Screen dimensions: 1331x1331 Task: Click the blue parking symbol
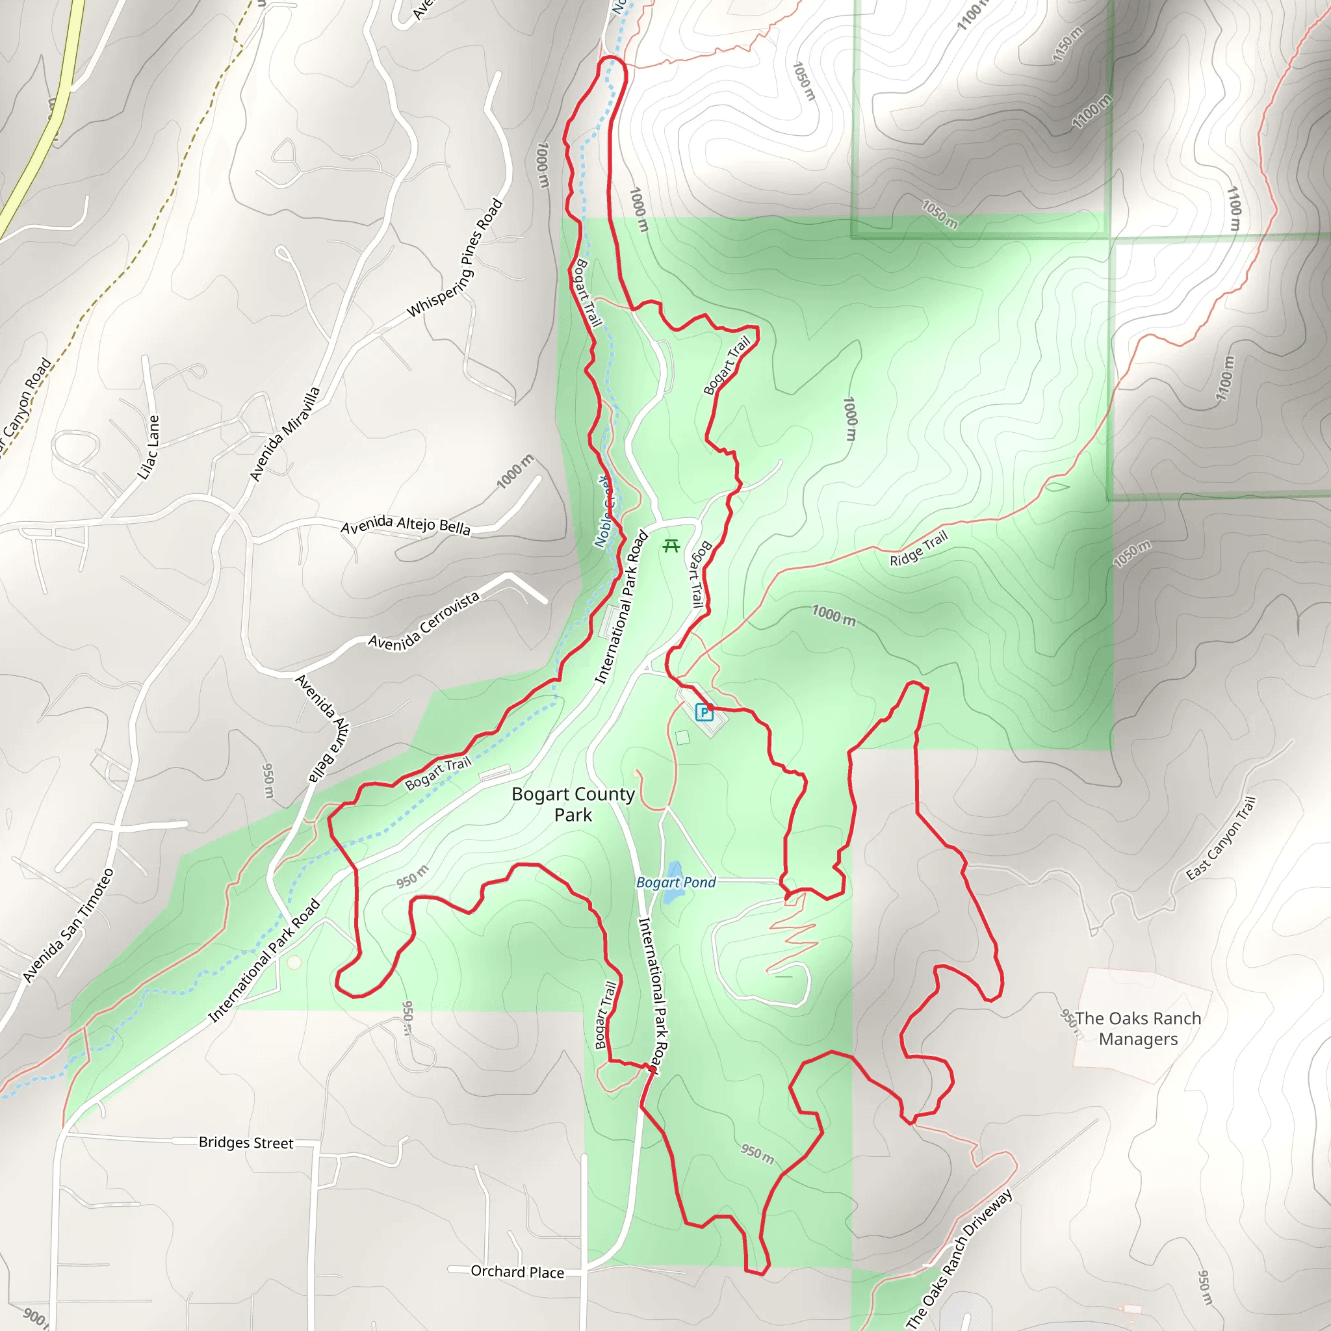[x=703, y=712]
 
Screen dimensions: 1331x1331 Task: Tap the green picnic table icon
[x=671, y=547]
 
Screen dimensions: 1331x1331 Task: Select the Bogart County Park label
[x=573, y=804]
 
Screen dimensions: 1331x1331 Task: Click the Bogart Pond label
[x=676, y=883]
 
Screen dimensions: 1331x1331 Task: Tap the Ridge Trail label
[x=918, y=549]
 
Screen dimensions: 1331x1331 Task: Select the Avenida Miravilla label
[x=285, y=434]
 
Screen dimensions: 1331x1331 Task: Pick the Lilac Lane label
[x=149, y=447]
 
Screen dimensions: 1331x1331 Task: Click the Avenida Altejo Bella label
[x=406, y=525]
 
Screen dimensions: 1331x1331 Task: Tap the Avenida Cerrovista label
[x=424, y=622]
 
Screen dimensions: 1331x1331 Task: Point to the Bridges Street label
[x=246, y=1143]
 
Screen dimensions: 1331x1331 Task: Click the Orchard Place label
[x=517, y=1272]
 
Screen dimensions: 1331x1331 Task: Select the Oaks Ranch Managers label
[x=1138, y=1029]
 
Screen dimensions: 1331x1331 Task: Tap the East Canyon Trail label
[x=1221, y=838]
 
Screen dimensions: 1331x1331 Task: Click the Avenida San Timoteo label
[x=68, y=925]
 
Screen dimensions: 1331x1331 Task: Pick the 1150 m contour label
[x=1067, y=45]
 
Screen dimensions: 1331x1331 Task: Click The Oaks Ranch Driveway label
[x=959, y=1260]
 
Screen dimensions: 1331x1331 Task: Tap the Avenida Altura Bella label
[x=322, y=728]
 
